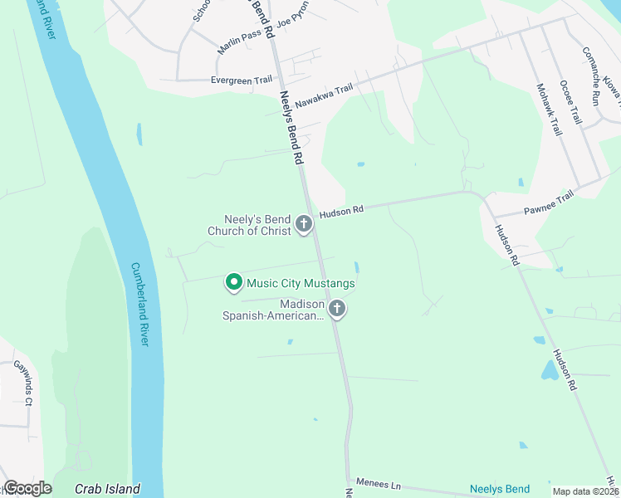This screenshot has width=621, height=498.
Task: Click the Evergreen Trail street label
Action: click(x=242, y=80)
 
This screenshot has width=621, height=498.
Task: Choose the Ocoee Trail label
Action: click(x=570, y=102)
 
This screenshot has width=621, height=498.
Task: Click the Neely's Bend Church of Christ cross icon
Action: click(x=304, y=222)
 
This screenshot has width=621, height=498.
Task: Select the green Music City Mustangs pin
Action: click(x=233, y=283)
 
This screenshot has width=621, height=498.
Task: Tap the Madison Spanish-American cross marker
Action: click(x=337, y=310)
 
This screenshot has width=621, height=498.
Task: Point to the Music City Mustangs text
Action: click(x=301, y=284)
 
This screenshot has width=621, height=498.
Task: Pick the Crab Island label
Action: click(x=107, y=489)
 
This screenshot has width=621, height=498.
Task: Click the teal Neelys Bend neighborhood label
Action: click(x=500, y=489)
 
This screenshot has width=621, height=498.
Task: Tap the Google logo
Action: click(x=27, y=488)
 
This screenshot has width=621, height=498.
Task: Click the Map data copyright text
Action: click(x=584, y=491)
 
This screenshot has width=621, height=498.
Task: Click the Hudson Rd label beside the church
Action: click(x=342, y=212)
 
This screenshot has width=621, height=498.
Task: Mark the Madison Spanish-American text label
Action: click(x=272, y=310)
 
